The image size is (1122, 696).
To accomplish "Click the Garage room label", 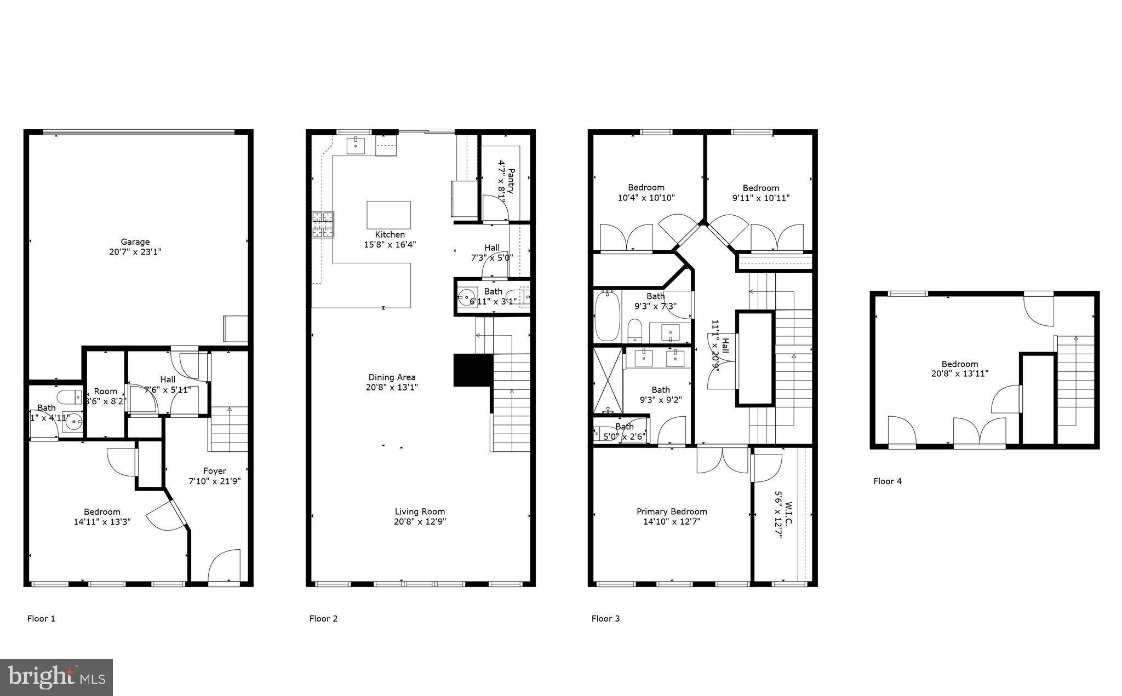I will (135, 242).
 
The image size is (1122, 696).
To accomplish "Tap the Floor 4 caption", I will (887, 481).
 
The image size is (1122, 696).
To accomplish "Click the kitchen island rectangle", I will (388, 215).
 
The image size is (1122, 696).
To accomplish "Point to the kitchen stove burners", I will (323, 225).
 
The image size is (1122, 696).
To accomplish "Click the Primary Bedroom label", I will (672, 511).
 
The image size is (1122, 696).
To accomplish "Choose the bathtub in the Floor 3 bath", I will (607, 316).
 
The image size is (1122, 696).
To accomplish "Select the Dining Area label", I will (392, 377).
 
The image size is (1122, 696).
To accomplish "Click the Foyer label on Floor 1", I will (214, 471).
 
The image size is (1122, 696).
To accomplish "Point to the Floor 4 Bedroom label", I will (959, 364).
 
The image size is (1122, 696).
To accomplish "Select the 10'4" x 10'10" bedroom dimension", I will (646, 198).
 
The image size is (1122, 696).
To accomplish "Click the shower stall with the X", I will (608, 379).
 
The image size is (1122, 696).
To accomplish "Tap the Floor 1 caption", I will (41, 619).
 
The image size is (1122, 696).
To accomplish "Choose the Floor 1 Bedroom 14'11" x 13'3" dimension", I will (102, 522).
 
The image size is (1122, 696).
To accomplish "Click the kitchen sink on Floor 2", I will (356, 145).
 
